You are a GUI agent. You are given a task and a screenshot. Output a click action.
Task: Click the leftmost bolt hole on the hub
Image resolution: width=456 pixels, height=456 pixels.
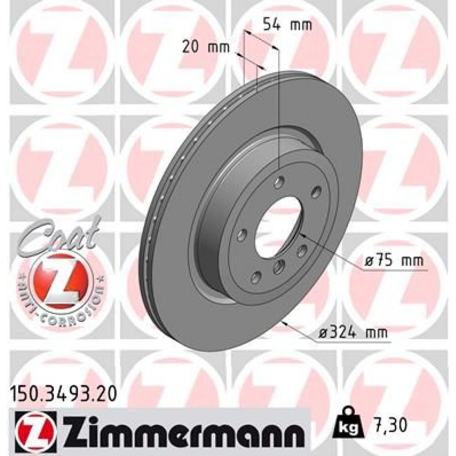click(242, 235)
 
